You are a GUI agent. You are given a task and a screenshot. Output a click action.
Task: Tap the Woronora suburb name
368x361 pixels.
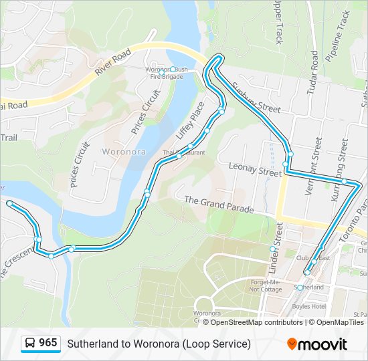pos(122,152)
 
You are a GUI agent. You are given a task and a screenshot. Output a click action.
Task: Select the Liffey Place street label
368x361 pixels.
pos(190,120)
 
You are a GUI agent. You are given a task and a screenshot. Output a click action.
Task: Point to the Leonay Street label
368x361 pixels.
pos(255,168)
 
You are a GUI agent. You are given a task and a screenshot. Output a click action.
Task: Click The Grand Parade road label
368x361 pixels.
pos(219,205)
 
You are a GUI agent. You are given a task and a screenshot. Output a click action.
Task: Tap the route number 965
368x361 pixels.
pos(48,343)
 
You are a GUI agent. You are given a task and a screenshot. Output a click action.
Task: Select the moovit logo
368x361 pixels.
pos(317,344)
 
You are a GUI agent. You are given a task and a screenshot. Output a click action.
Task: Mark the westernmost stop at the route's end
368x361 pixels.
pos(9,203)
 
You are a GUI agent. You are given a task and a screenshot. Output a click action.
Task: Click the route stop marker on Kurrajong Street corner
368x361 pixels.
pos(344,181)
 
